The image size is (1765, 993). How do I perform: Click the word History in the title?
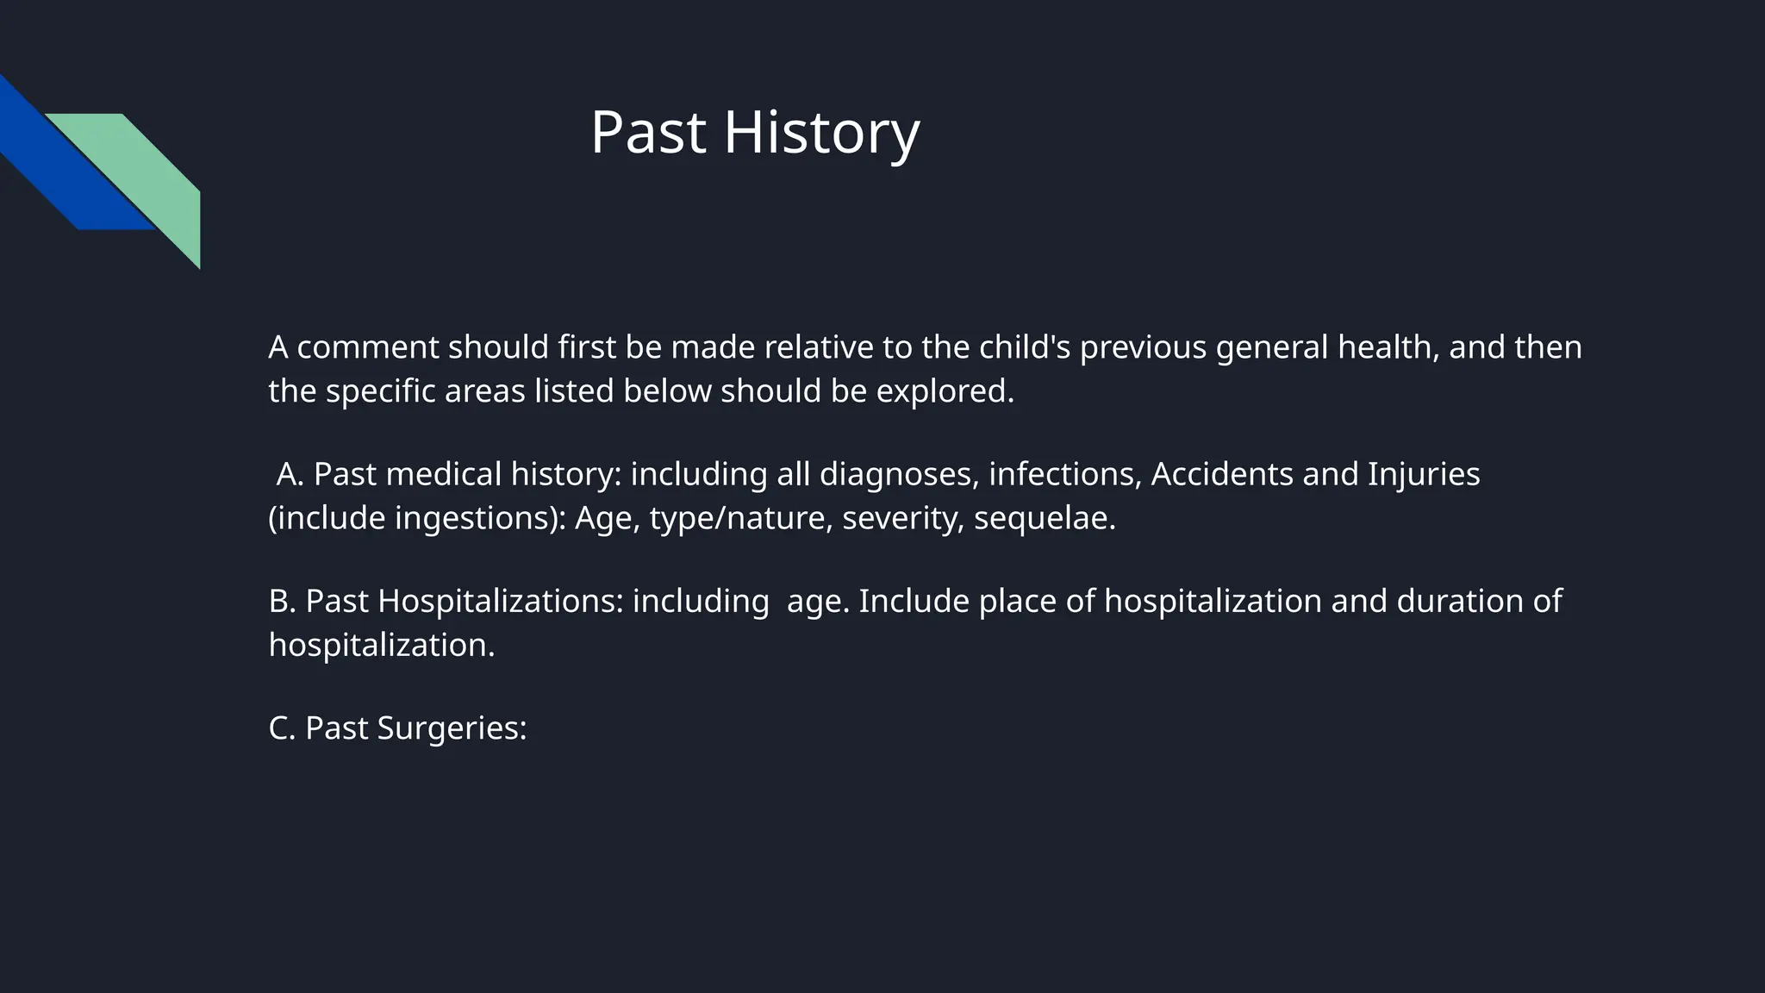821,134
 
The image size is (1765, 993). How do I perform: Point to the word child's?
1025,347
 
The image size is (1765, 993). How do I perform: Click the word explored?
945,391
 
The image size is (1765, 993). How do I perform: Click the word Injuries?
1423,474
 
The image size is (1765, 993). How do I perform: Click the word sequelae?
1044,518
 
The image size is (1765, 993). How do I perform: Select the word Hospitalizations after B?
500,601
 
